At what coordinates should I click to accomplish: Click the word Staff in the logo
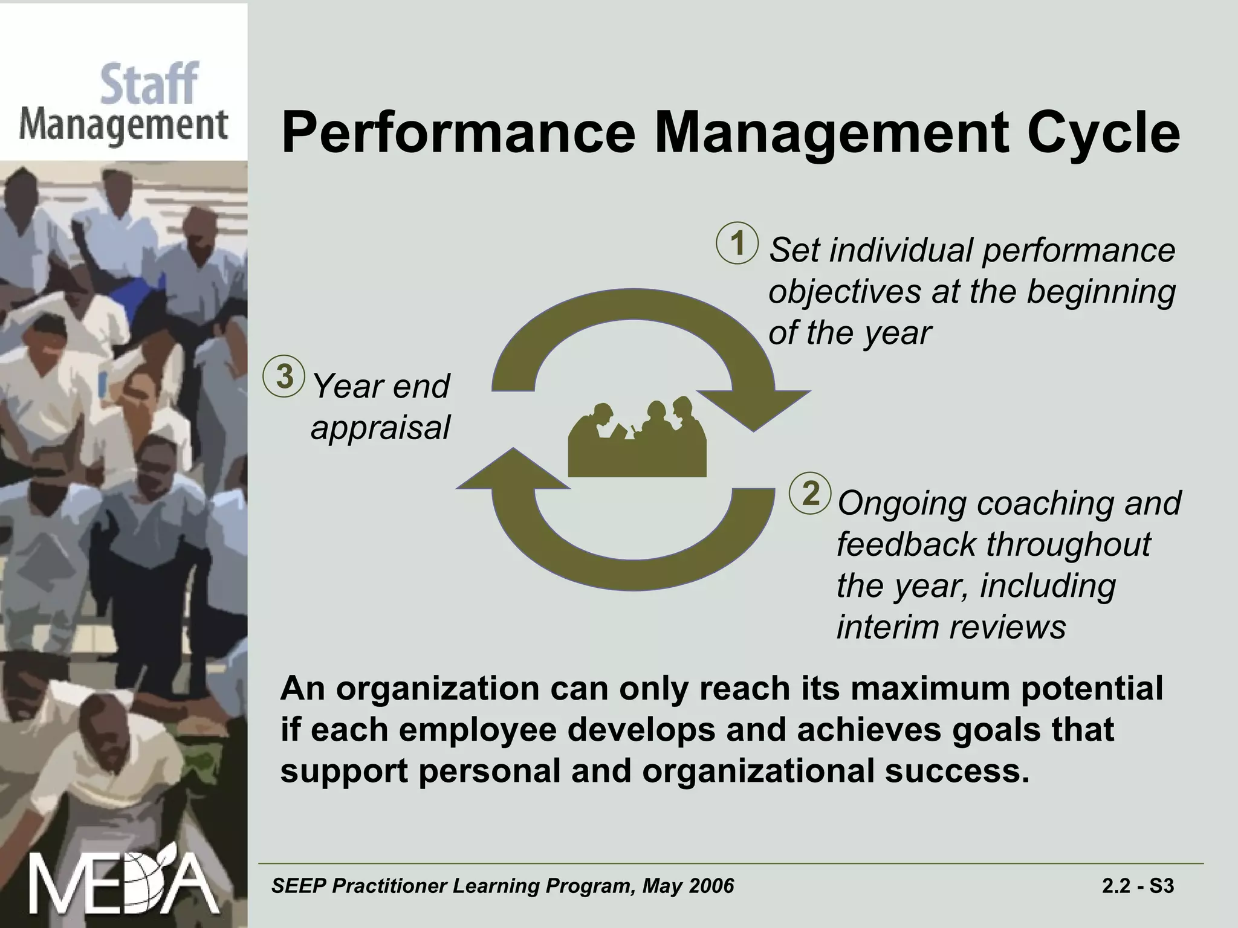pyautogui.click(x=149, y=85)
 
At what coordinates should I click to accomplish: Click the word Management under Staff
pyautogui.click(x=123, y=126)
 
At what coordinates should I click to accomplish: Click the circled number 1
pyautogui.click(x=737, y=244)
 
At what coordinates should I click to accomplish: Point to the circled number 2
pyautogui.click(x=811, y=493)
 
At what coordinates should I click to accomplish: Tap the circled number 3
pyautogui.click(x=284, y=377)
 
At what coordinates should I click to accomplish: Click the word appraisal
pyautogui.click(x=380, y=428)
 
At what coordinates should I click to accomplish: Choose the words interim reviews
pyautogui.click(x=951, y=627)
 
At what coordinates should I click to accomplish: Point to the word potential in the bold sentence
pyautogui.click(x=1092, y=689)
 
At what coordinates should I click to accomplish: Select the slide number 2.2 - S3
pyautogui.click(x=1138, y=886)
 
